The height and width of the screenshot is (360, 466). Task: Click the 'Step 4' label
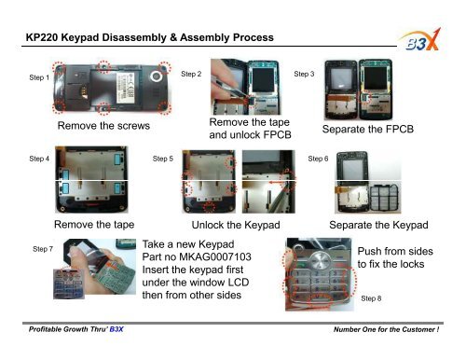(x=40, y=159)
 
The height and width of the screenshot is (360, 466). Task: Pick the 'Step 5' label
(x=162, y=159)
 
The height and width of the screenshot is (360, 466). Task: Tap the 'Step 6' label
(x=318, y=159)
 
